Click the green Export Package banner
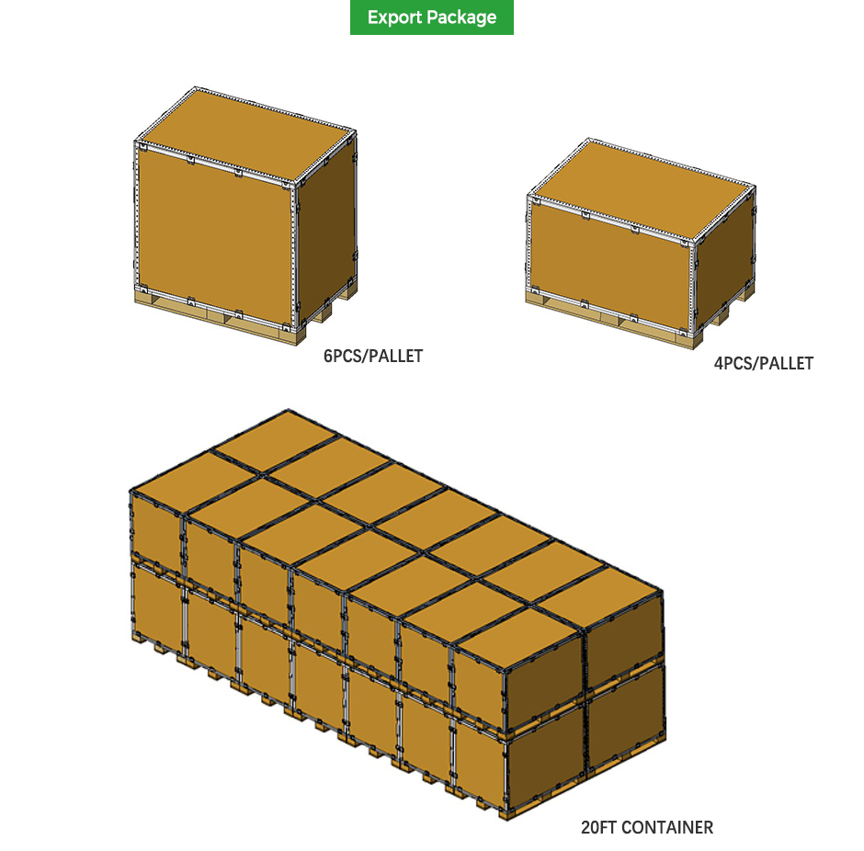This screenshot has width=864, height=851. (431, 17)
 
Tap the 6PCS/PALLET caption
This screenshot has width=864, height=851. (373, 356)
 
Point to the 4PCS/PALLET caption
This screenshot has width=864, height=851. (763, 363)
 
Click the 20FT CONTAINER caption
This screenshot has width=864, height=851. (646, 827)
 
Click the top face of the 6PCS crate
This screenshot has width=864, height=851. (244, 138)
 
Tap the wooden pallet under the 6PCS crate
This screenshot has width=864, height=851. (211, 317)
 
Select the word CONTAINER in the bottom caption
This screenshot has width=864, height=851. (667, 827)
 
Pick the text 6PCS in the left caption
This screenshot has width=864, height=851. (341, 356)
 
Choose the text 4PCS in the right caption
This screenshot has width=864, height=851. (732, 363)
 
